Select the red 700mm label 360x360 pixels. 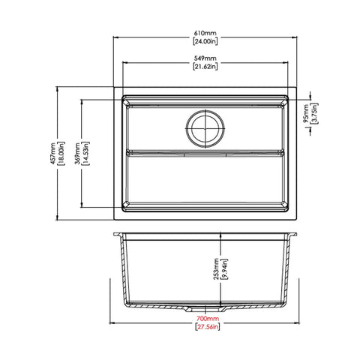[205, 319]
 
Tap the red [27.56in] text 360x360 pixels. [205, 328]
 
